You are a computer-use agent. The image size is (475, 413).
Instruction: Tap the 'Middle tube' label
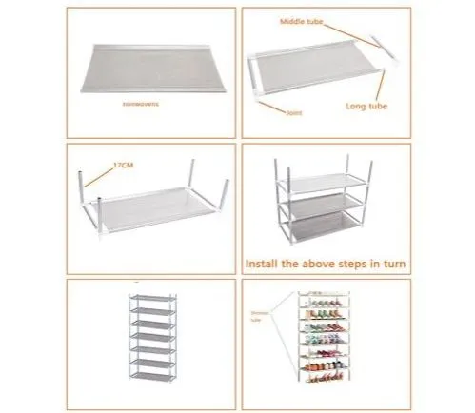302,21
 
